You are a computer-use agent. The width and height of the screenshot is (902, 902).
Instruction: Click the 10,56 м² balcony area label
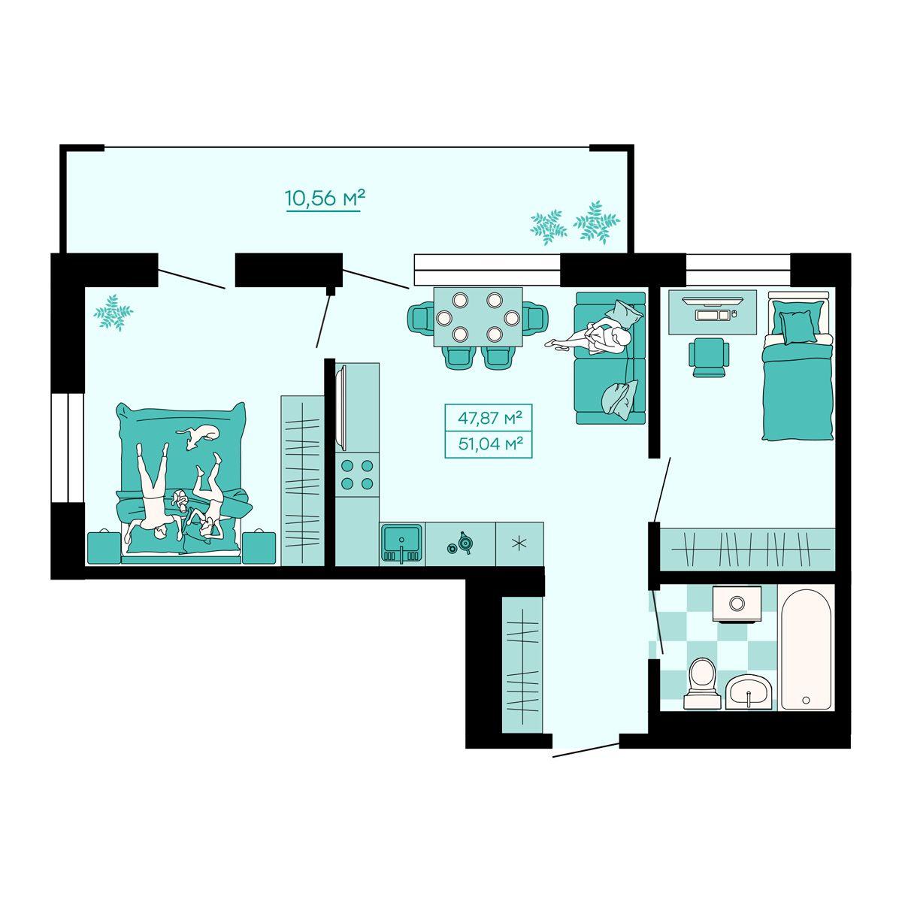pyautogui.click(x=325, y=198)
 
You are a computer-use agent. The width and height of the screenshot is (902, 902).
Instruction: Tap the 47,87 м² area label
pyautogui.click(x=489, y=417)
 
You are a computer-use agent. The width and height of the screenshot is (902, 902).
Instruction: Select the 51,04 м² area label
pyautogui.click(x=489, y=443)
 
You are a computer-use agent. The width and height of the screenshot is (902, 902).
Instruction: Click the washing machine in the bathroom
pyautogui.click(x=737, y=604)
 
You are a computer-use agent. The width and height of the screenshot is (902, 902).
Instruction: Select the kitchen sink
pyautogui.click(x=401, y=544)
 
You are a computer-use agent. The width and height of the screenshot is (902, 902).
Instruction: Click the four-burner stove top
pyautogui.click(x=357, y=474)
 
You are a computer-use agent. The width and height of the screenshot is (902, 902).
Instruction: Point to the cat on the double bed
pyautogui.click(x=198, y=435)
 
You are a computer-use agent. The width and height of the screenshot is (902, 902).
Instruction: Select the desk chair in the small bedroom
pyautogui.click(x=709, y=356)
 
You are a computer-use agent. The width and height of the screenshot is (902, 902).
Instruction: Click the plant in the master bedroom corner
pyautogui.click(x=113, y=313)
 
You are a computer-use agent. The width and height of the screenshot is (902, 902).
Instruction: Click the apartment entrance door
pyautogui.click(x=586, y=750)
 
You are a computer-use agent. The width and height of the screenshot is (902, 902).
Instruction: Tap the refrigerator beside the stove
pyautogui.click(x=357, y=407)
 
